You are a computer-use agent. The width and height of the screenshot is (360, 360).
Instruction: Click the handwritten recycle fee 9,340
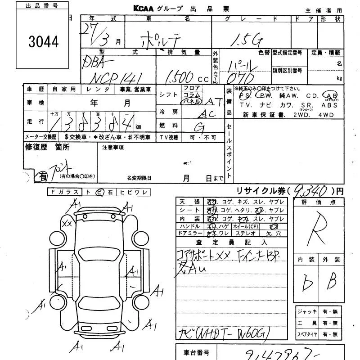(310, 192)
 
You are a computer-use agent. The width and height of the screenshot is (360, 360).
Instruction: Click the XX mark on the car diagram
(67, 223)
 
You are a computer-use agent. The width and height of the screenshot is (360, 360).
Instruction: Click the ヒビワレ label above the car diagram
(133, 192)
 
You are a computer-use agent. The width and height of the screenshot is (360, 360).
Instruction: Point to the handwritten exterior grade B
(332, 282)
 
